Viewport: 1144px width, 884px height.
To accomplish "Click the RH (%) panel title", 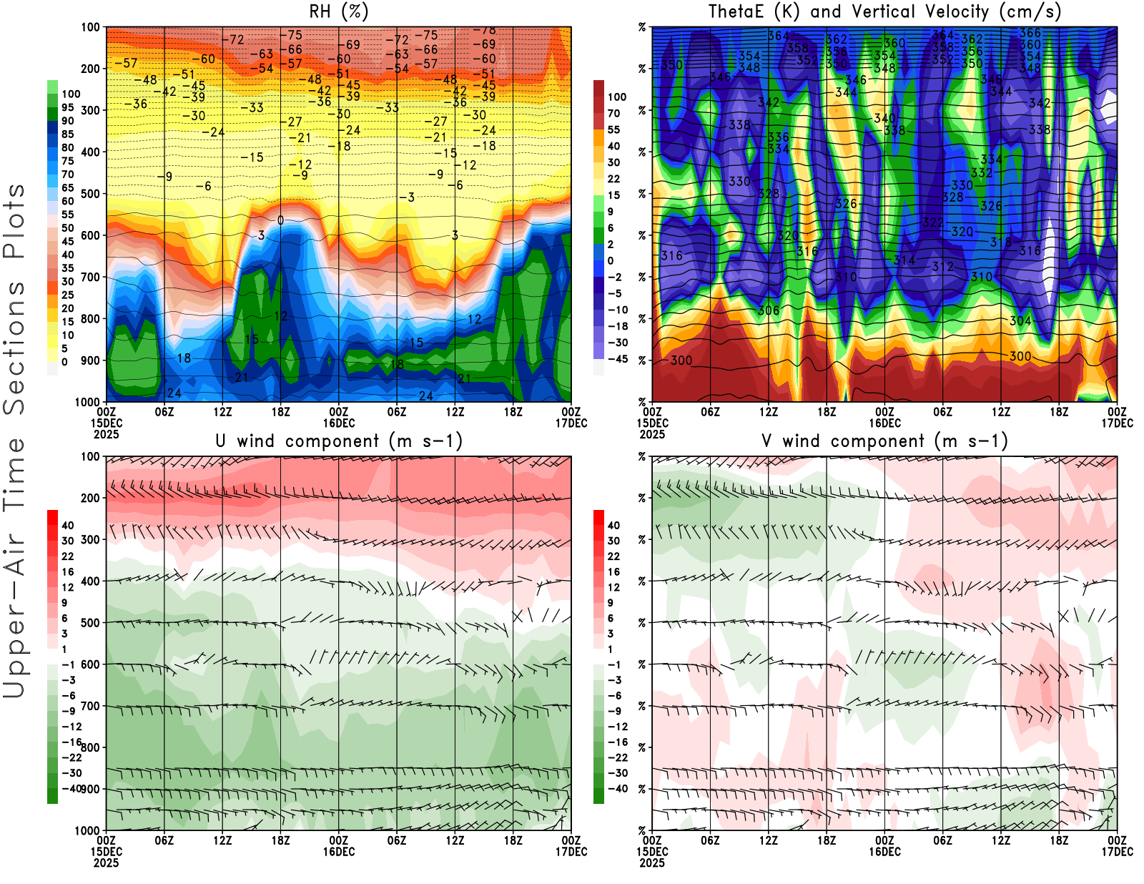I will point(339,12).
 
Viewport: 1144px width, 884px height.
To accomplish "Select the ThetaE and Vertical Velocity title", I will point(884,12).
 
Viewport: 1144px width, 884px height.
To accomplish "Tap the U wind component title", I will point(339,441).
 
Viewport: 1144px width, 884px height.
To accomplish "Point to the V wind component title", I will point(884,441).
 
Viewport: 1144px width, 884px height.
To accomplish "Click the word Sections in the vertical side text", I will point(14,348).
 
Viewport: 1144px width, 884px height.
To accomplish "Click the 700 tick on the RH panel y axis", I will point(91,277).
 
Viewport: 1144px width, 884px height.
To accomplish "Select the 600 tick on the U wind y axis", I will point(91,664).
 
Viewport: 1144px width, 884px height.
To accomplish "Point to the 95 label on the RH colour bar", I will point(67,107).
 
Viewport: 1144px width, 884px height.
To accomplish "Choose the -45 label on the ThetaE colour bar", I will point(616,359).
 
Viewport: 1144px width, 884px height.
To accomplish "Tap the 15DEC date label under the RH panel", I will point(107,423).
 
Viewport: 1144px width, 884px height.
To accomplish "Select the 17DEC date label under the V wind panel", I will point(1117,852).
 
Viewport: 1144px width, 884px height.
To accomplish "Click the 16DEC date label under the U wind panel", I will point(339,852).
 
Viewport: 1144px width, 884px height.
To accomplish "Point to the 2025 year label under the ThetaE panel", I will point(652,434).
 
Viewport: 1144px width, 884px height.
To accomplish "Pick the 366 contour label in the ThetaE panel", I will point(1030,33).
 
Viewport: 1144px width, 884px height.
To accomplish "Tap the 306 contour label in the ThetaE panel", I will point(769,310).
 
